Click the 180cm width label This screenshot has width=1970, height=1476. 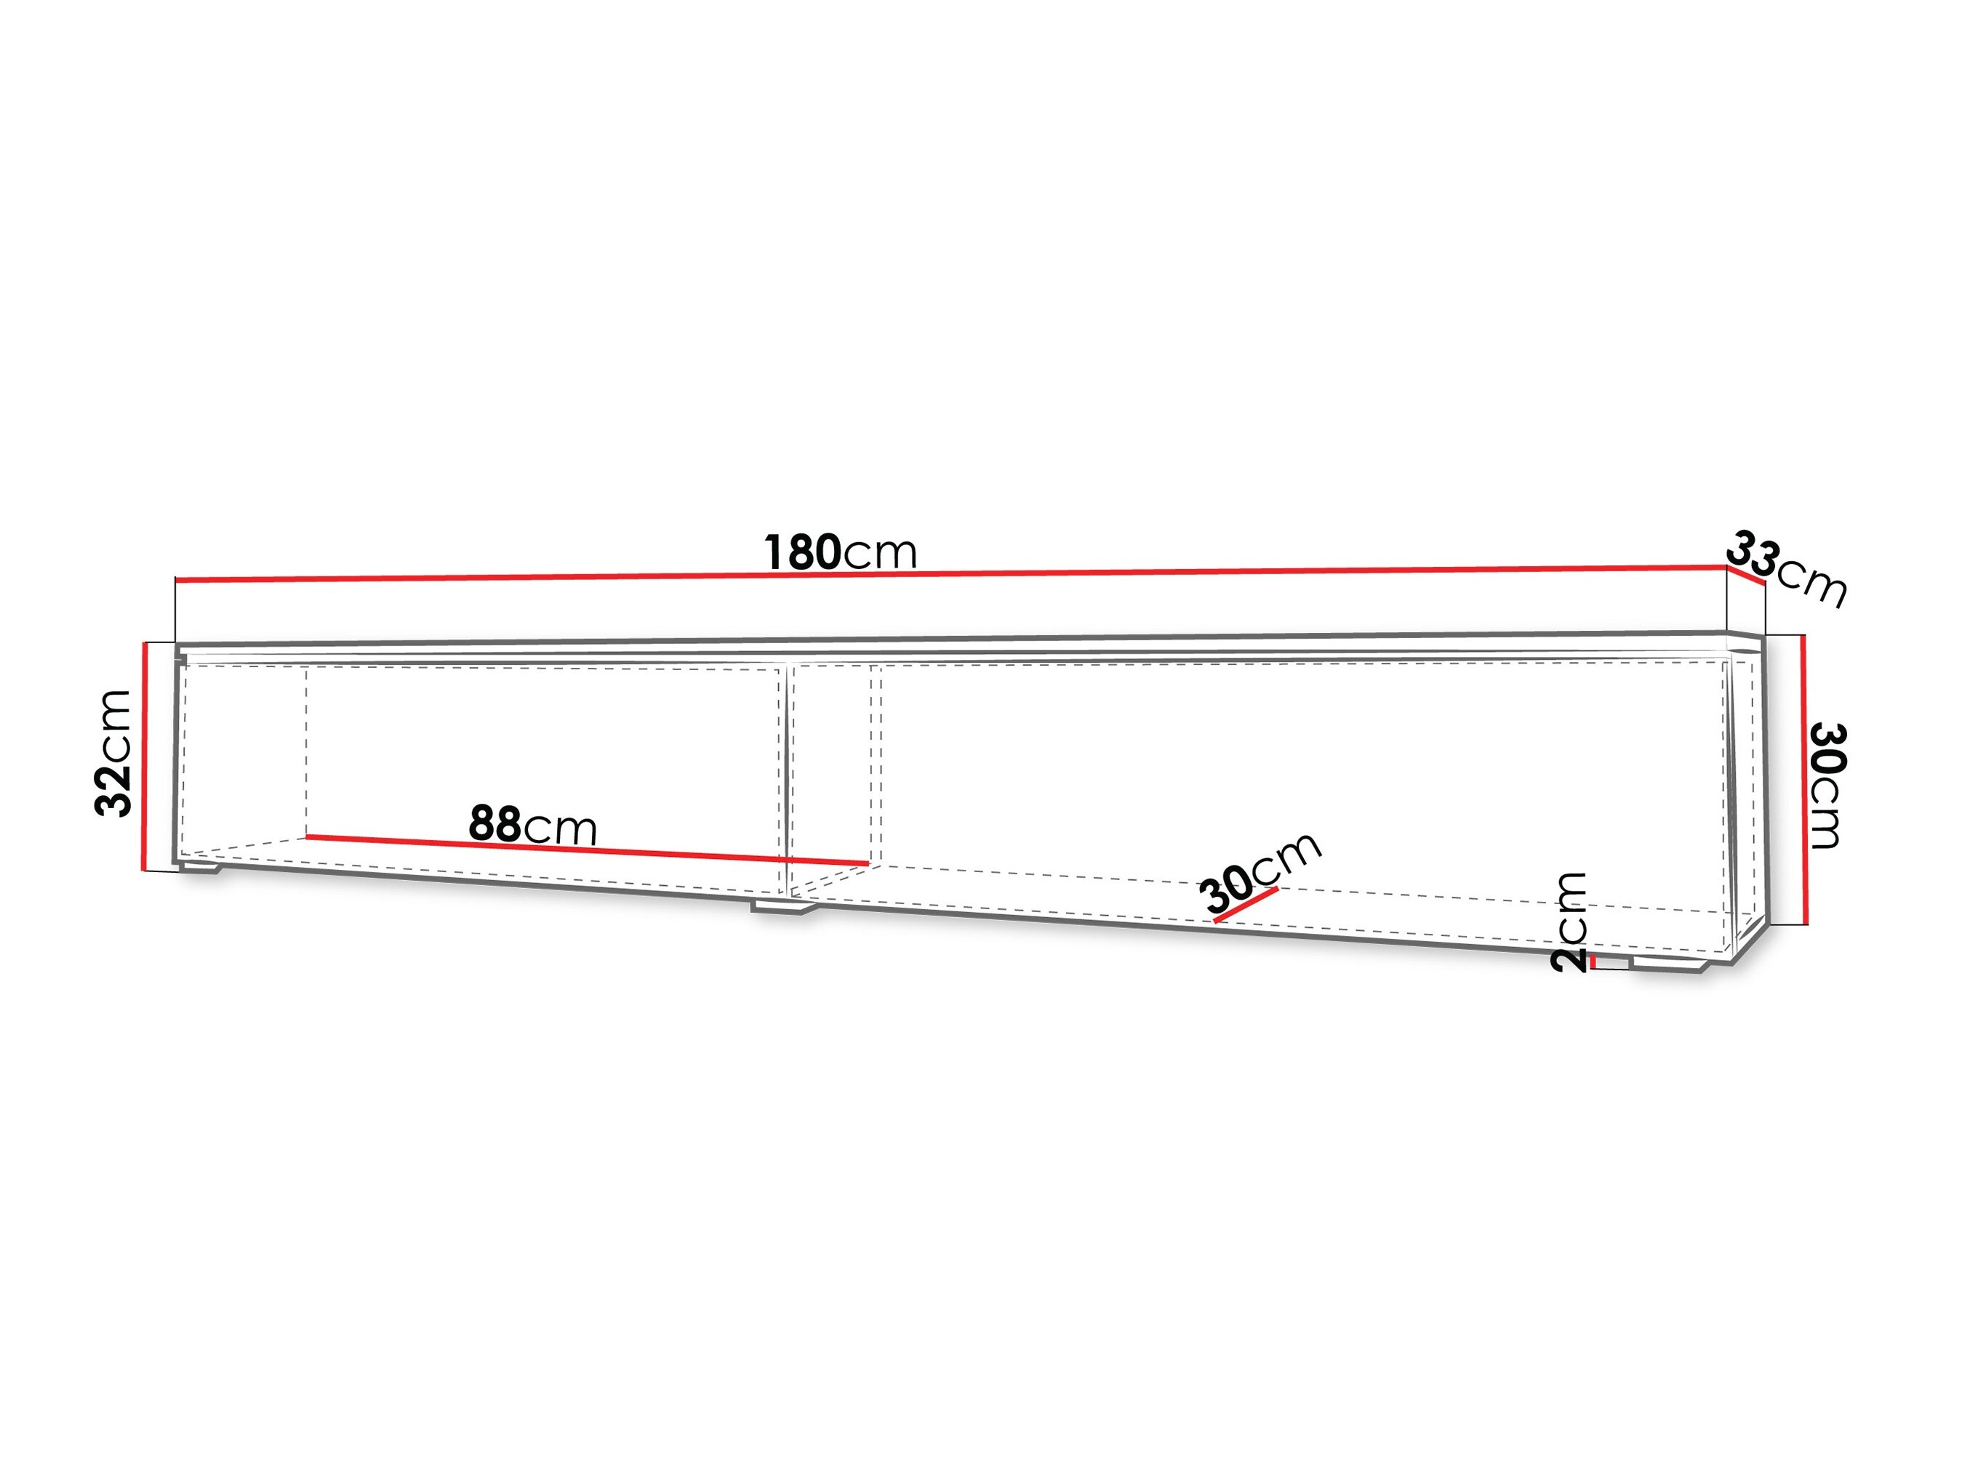[x=841, y=553]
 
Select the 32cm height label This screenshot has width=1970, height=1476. [x=114, y=753]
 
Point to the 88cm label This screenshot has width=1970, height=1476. [x=532, y=826]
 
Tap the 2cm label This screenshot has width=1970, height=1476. [x=1569, y=922]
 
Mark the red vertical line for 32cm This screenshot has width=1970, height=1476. [x=143, y=755]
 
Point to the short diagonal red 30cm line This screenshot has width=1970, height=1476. [x=1247, y=905]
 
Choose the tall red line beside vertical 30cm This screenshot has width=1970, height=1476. [x=1803, y=780]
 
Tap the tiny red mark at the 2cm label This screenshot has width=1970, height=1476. [x=1593, y=962]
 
